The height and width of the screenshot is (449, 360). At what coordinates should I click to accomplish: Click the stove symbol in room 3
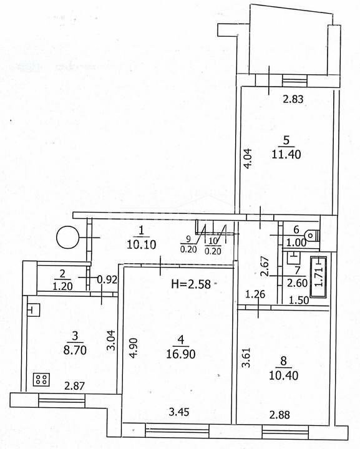(x=42, y=380)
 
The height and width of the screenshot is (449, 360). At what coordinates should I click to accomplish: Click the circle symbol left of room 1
(x=67, y=237)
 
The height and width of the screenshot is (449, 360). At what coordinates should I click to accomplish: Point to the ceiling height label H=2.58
(x=191, y=284)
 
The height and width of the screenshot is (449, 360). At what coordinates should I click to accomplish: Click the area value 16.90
(x=181, y=354)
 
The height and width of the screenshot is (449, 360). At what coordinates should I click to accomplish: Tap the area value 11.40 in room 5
(x=286, y=155)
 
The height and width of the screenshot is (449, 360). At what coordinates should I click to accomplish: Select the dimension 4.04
(x=248, y=158)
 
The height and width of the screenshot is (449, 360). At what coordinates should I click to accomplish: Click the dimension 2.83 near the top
(x=293, y=100)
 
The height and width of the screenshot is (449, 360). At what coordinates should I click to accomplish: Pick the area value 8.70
(x=75, y=350)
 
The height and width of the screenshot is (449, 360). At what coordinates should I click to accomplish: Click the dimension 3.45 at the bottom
(x=179, y=412)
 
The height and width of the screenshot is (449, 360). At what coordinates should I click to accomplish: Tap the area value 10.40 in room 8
(x=283, y=375)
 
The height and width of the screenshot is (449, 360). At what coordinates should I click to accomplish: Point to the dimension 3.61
(x=247, y=357)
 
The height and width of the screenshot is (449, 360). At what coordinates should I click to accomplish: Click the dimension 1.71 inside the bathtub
(x=318, y=277)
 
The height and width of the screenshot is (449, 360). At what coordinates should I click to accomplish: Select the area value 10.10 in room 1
(x=141, y=244)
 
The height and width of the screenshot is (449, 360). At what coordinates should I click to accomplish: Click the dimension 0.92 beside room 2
(x=107, y=279)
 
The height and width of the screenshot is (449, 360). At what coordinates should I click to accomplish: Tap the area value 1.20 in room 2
(x=63, y=286)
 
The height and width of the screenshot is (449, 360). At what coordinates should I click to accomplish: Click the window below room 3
(x=62, y=400)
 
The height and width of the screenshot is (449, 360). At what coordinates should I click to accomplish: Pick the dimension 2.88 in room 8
(x=280, y=415)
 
